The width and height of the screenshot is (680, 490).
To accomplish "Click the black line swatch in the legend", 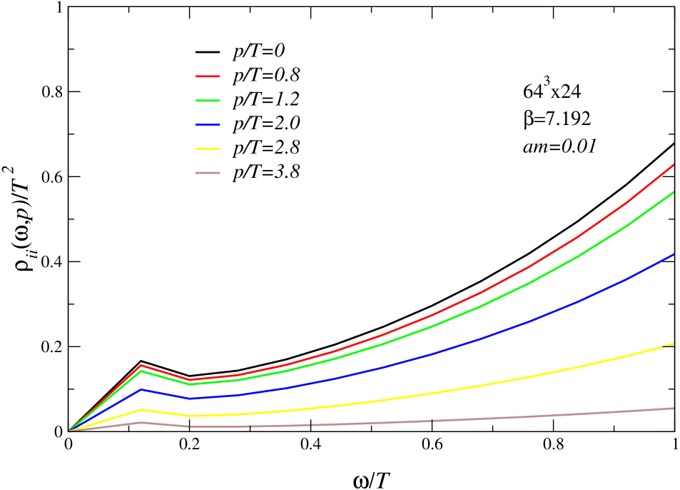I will (208, 51).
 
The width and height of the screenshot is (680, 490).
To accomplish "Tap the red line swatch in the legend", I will (208, 76).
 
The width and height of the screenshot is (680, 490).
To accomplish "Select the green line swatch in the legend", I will (208, 100).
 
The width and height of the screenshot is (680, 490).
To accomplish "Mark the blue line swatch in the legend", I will (208, 124).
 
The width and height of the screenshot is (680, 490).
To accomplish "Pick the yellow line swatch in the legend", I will (208, 149).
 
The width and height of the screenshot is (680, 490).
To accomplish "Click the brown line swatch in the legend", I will (208, 173).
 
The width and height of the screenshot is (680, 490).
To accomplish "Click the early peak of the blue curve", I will (142, 389).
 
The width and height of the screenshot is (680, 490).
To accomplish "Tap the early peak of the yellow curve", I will (142, 410).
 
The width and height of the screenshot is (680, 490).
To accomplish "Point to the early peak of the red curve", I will (142, 365).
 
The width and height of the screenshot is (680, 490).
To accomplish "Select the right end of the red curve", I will (674, 165).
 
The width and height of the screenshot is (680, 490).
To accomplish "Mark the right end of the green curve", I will (674, 192).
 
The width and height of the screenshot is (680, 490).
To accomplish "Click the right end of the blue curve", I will (674, 254).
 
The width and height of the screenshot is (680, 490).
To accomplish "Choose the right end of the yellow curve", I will (674, 344).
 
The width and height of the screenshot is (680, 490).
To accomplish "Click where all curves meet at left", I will (69, 431).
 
